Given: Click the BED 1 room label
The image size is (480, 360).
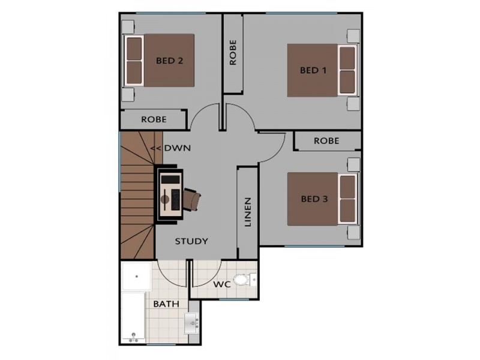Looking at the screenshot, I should [x=313, y=70].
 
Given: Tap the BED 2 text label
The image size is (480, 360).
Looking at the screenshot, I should [x=169, y=60].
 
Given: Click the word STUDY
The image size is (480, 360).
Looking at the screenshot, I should [x=191, y=241].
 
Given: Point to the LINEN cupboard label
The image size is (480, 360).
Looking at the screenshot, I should [x=247, y=212].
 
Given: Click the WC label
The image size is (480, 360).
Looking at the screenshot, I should [x=223, y=283].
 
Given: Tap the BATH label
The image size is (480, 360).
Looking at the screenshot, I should [x=166, y=304].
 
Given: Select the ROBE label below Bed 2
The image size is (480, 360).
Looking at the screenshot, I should [x=154, y=119].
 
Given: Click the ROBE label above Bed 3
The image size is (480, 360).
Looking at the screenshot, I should [x=326, y=141].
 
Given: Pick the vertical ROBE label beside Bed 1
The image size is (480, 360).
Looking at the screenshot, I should [x=233, y=53].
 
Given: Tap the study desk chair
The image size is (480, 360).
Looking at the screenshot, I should [x=192, y=199].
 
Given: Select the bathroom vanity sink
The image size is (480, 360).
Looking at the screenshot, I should [x=193, y=324].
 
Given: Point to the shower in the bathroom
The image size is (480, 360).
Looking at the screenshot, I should [x=135, y=277].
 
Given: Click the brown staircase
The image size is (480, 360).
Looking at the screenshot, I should [x=137, y=198].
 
